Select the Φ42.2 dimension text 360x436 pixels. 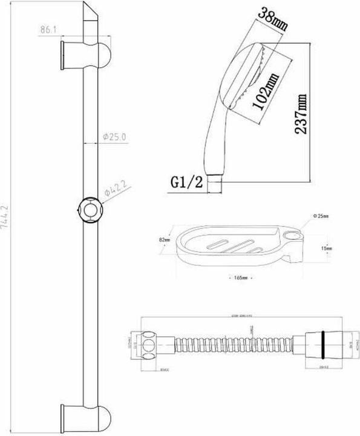click(115, 192)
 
